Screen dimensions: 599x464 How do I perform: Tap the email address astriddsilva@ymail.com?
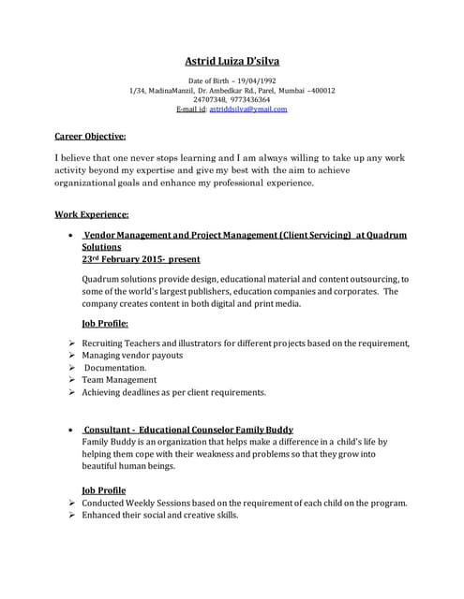[248, 109]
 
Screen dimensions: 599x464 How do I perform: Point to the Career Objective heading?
[91, 136]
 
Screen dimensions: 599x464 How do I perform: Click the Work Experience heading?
[91, 214]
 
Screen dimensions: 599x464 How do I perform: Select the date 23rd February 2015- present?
[140, 258]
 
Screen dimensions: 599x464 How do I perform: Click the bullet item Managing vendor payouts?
[132, 356]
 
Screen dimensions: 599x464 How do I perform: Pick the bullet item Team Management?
[120, 380]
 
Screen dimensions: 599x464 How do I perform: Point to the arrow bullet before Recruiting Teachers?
[72, 343]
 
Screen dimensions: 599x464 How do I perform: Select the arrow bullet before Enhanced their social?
[72, 515]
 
